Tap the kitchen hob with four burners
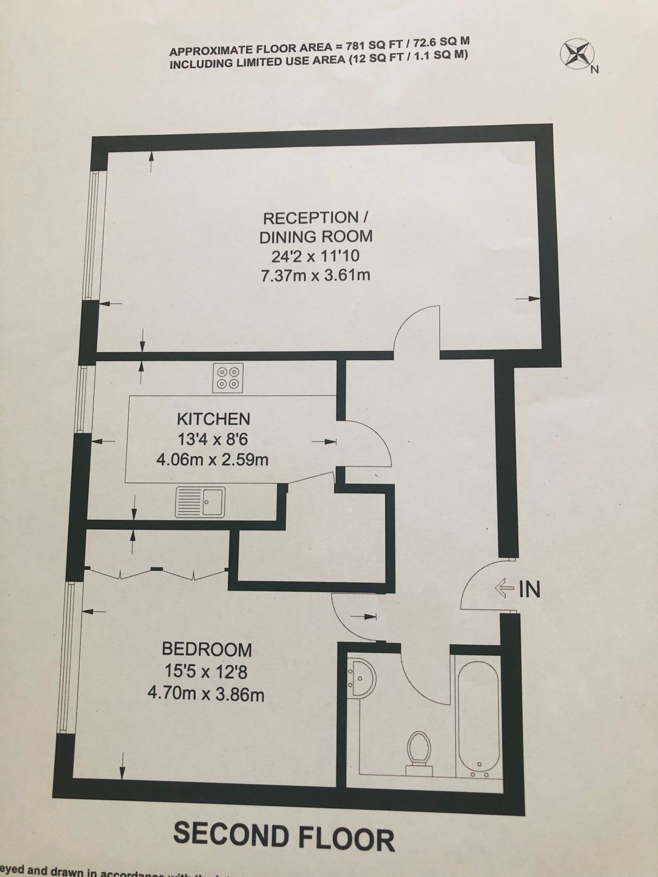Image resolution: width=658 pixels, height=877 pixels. click(x=228, y=378)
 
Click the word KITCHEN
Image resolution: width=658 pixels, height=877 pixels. click(x=213, y=419)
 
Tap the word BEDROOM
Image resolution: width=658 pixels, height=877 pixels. click(x=207, y=649)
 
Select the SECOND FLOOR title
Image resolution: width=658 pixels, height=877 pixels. click(x=284, y=836)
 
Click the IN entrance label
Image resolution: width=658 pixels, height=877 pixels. click(x=530, y=590)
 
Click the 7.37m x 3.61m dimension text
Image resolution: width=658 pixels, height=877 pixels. click(x=316, y=275)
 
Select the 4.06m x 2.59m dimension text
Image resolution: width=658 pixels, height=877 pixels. click(x=213, y=459)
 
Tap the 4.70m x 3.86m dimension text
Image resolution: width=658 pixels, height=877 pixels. click(x=206, y=693)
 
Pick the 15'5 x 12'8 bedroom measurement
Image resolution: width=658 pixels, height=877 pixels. click(x=206, y=672)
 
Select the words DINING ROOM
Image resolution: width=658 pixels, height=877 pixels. click(x=316, y=237)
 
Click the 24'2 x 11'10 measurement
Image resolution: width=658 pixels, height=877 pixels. click(x=316, y=256)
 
